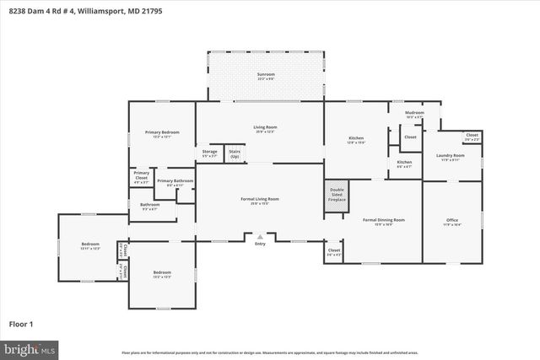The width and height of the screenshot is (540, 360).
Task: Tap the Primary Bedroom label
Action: click(161, 134)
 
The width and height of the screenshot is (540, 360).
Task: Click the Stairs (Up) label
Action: click(235, 154)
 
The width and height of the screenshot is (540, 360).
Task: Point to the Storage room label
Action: click(209, 153)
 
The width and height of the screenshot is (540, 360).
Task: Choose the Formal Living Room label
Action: click(260, 201)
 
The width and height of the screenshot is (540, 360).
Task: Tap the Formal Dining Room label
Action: click(384, 222)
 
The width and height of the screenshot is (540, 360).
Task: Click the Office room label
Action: click(452, 223)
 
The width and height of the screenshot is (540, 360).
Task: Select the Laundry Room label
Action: click(450, 157)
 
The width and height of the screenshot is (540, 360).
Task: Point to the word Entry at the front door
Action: click(260, 244)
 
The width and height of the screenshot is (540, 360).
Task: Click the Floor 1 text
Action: click(20, 324)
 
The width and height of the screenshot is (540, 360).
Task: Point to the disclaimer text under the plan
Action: click(269, 353)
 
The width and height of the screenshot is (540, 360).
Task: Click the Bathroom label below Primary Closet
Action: click(150, 205)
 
